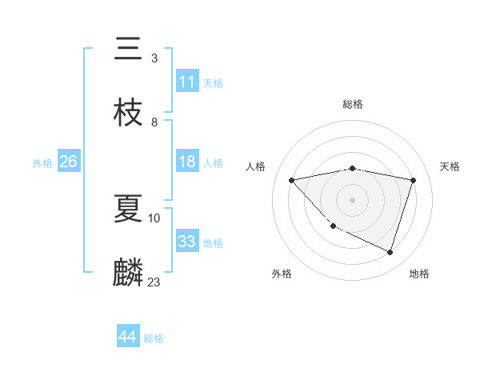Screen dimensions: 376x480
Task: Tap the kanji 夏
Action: coord(128,209)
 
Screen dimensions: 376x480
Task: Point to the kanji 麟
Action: coord(128,272)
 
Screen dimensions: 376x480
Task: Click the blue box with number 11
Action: coord(187,82)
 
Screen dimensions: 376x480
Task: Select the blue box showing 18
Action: coord(187,162)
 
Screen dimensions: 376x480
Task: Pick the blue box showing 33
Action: coord(187,242)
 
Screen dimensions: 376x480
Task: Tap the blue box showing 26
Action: coord(68,162)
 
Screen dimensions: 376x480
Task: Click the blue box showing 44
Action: coord(128,337)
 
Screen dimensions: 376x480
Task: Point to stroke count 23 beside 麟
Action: coord(154,282)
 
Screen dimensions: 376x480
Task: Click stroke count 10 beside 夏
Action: coord(154,218)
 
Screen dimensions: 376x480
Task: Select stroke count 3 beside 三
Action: coord(154,58)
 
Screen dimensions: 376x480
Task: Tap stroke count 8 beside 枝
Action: coord(154,122)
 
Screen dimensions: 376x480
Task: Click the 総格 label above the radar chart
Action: coord(352,104)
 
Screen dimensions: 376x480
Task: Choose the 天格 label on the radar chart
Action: coord(450,166)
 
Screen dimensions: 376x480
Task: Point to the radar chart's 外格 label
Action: coord(282,274)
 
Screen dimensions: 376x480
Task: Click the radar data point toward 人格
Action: coord(292,180)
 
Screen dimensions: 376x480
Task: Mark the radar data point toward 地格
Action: coord(390,252)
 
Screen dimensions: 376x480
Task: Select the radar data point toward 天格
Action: coord(413,180)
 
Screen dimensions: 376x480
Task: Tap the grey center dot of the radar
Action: coord(352,199)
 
